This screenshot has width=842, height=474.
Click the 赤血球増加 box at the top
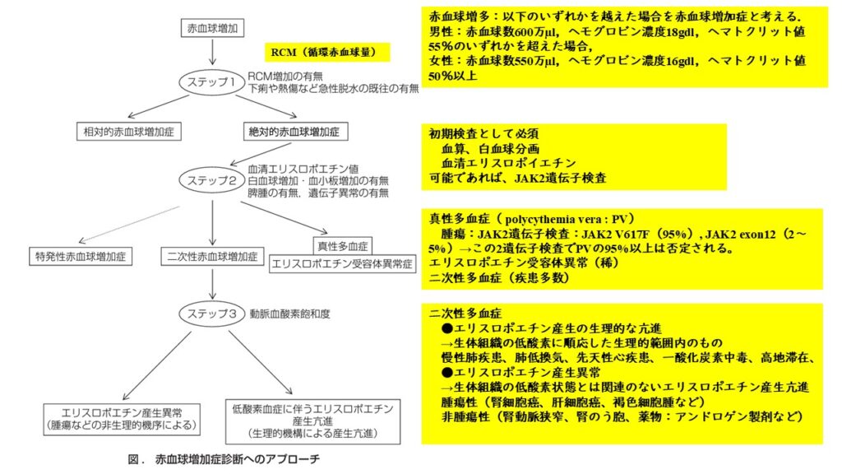pyautogui.click(x=212, y=28)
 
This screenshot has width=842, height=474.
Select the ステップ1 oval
pyautogui.click(x=211, y=83)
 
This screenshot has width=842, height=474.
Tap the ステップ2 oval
pyautogui.click(x=211, y=180)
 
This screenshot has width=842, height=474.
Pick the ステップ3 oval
pyautogui.click(x=211, y=314)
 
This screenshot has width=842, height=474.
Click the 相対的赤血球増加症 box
pyautogui.click(x=129, y=132)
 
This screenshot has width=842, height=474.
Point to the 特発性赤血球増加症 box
pyautogui.click(x=81, y=257)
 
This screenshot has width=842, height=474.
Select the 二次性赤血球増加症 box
pyautogui.click(x=212, y=257)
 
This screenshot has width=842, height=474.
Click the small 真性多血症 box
pyautogui.click(x=343, y=246)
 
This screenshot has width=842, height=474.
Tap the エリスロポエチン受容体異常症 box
pyautogui.click(x=342, y=263)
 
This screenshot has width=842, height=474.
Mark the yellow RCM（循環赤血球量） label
pyautogui.click(x=327, y=52)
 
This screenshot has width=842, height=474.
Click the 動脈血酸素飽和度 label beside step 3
pyautogui.click(x=290, y=314)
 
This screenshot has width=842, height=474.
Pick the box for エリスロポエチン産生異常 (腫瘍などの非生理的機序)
pyautogui.click(x=122, y=419)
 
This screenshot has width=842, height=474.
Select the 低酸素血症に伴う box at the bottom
pyautogui.click(x=313, y=421)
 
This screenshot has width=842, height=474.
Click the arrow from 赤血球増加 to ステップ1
pyautogui.click(x=212, y=51)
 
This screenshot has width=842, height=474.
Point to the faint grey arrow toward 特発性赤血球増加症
pyautogui.click(x=129, y=225)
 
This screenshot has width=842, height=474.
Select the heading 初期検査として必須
pyautogui.click(x=483, y=133)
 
